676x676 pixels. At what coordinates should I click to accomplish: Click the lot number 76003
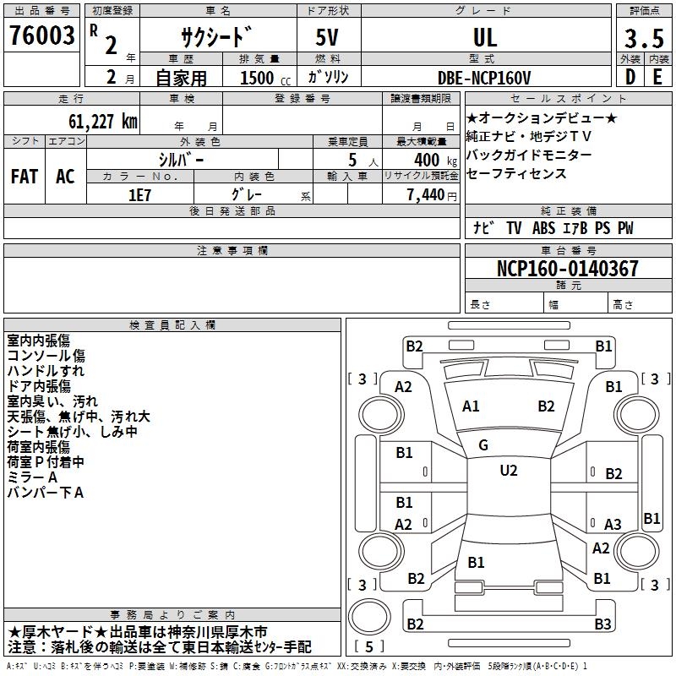[42, 37]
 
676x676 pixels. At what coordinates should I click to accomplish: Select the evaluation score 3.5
[644, 39]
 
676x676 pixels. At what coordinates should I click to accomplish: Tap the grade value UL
[485, 37]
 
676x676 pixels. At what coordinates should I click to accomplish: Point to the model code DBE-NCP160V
[484, 78]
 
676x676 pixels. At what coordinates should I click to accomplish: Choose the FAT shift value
[24, 176]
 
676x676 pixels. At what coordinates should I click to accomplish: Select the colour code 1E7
[139, 194]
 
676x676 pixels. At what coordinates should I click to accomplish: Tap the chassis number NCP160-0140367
[567, 269]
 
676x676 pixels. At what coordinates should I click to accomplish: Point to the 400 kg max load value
[432, 159]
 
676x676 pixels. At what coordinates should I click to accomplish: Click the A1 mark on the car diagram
[471, 406]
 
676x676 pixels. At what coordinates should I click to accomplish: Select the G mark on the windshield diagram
[483, 444]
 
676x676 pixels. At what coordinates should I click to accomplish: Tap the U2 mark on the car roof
[508, 471]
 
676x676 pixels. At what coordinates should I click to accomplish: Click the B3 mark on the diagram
[602, 624]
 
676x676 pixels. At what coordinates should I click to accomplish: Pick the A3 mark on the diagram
[613, 524]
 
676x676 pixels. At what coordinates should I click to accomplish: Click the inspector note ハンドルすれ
[46, 371]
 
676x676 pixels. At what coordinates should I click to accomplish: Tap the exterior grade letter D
[630, 77]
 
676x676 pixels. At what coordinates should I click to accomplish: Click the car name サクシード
[216, 38]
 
